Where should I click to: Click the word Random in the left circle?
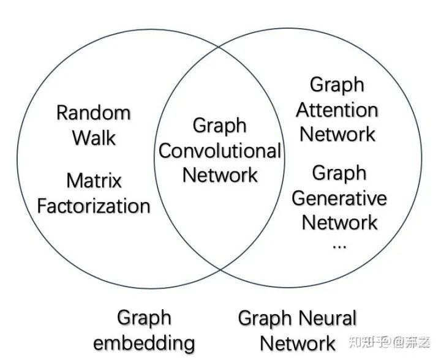[93, 113]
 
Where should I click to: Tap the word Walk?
[94, 138]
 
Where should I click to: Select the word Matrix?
[94, 181]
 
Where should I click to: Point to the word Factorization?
[94, 206]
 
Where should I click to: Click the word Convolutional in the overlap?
[220, 151]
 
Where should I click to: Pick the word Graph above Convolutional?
[219, 126]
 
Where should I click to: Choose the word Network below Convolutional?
[220, 175]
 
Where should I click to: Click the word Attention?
[337, 110]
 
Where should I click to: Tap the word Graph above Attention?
[337, 86]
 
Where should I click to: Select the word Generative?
[339, 198]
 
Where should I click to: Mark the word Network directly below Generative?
[339, 223]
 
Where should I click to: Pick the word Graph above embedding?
[144, 318]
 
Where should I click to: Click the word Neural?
[327, 319]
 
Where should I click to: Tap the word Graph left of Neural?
[265, 319]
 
